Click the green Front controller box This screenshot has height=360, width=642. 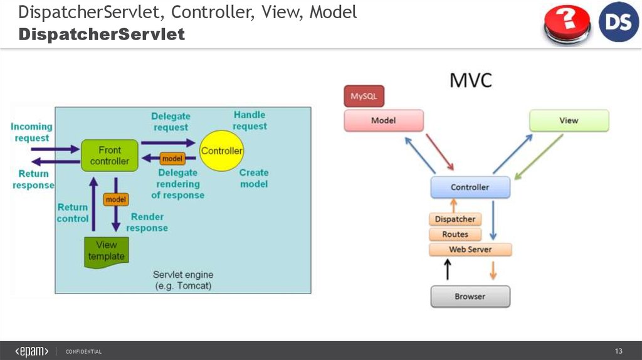pos(109,156)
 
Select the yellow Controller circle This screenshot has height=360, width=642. pos(221,151)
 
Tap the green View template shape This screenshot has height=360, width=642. pos(106,250)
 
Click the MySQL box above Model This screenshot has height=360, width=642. pos(364,97)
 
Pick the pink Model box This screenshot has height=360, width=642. pos(383,120)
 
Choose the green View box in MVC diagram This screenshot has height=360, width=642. pos(569,120)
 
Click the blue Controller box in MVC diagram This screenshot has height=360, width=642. pos(470,187)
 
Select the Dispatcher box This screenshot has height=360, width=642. pos(455,219)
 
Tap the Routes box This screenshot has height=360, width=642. pos(455,234)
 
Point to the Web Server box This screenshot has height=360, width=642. pos(470,250)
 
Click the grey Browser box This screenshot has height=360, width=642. pos(470,296)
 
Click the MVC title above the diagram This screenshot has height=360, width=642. pos(471,80)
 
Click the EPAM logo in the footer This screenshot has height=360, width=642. pos(31,351)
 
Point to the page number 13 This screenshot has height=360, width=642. pos(618,351)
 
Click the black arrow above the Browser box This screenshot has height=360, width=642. pos(447,270)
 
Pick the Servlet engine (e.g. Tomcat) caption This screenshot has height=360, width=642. pos(183,280)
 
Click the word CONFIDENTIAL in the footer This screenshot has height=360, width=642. pos(83,351)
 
